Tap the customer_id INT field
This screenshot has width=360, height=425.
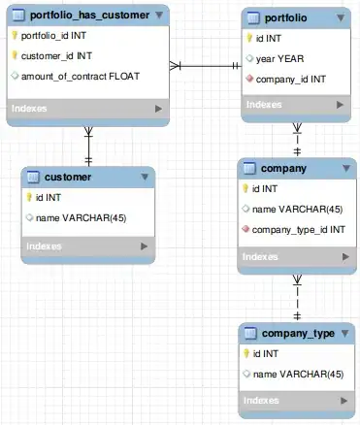[x=57, y=55]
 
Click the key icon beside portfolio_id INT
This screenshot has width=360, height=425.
[x=14, y=35]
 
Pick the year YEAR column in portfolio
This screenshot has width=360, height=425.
[x=282, y=57]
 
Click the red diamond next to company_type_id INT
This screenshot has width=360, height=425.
[x=245, y=229]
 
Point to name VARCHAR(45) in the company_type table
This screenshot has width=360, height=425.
[x=297, y=373]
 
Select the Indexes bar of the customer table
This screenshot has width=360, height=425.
[x=88, y=246]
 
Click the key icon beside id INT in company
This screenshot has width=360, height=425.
[x=245, y=189]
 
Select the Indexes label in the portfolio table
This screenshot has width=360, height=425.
[x=264, y=103]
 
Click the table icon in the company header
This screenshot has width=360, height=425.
[x=250, y=168]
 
